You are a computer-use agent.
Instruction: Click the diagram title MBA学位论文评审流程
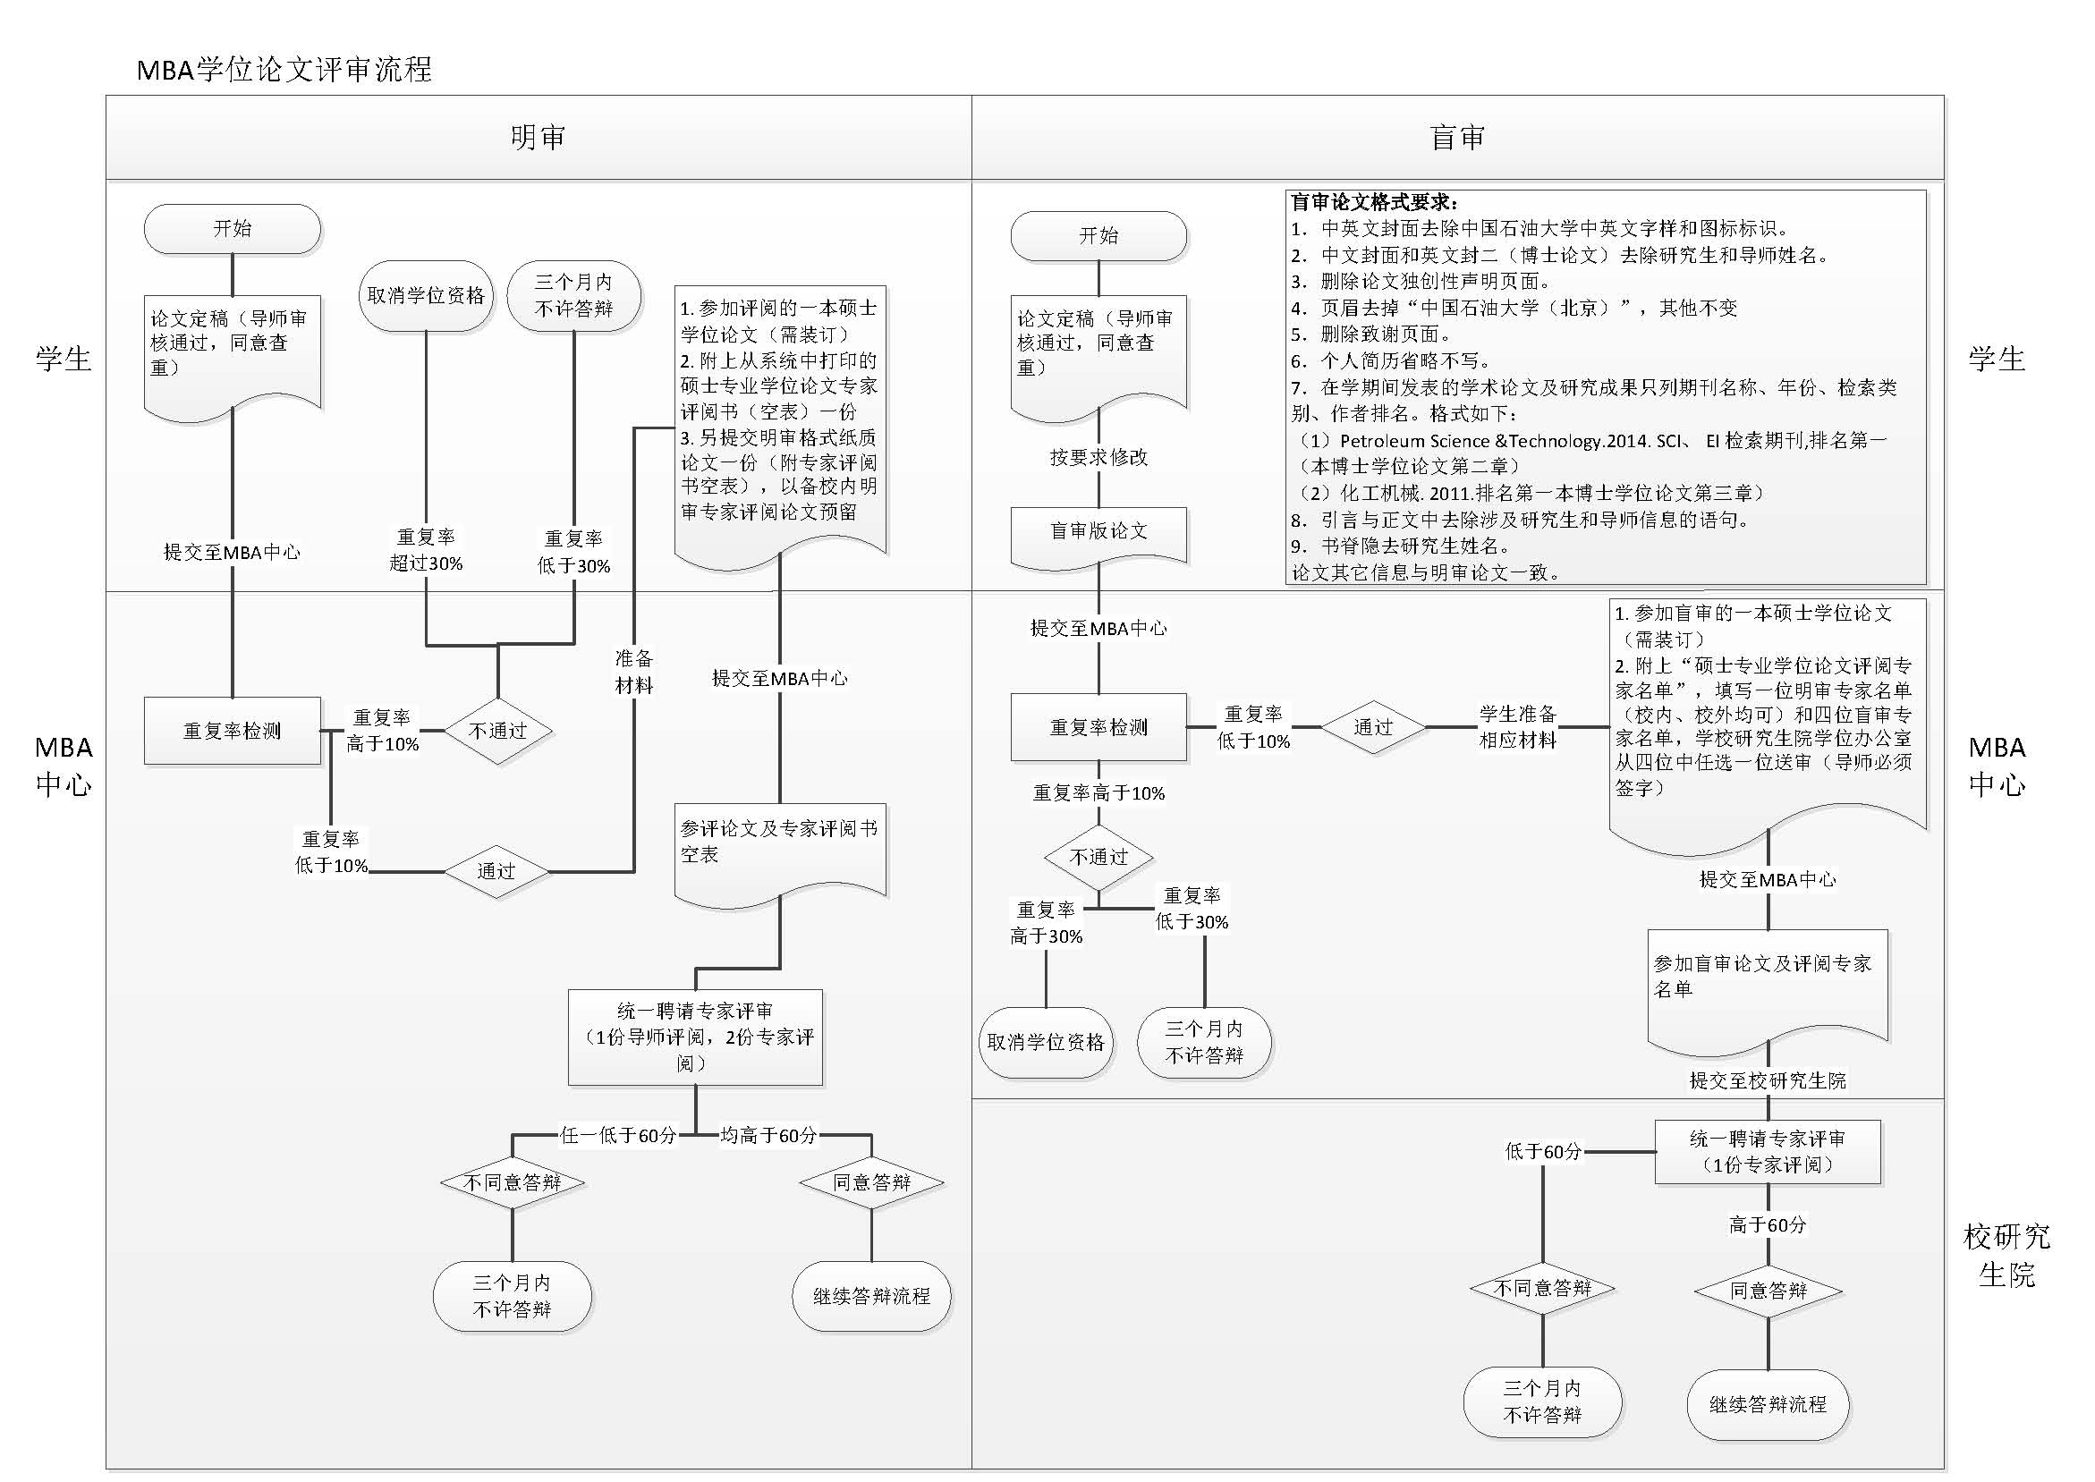coord(284,70)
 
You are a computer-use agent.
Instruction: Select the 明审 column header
coord(538,137)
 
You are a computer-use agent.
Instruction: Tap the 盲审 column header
coord(1457,137)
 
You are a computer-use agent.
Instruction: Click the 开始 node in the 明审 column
coord(232,228)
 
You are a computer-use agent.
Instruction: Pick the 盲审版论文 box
coord(1098,531)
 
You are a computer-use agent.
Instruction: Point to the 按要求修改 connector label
coord(1098,457)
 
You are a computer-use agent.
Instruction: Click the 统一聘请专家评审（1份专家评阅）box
coord(1768,1152)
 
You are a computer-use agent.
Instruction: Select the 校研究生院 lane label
coord(2006,1256)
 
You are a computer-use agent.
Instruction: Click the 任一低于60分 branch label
coord(618,1135)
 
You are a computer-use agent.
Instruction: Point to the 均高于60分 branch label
coord(768,1135)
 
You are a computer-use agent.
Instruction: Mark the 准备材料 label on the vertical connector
coord(633,672)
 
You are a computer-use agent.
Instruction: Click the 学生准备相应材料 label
coord(1517,726)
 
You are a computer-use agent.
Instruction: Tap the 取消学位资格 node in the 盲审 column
coord(1046,1042)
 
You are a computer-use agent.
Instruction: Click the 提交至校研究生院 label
coord(1768,1080)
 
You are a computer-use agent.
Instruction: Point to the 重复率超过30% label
coord(426,550)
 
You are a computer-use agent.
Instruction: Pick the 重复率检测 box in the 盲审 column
coord(1098,727)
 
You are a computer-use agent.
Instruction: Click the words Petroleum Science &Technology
coord(1471,441)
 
